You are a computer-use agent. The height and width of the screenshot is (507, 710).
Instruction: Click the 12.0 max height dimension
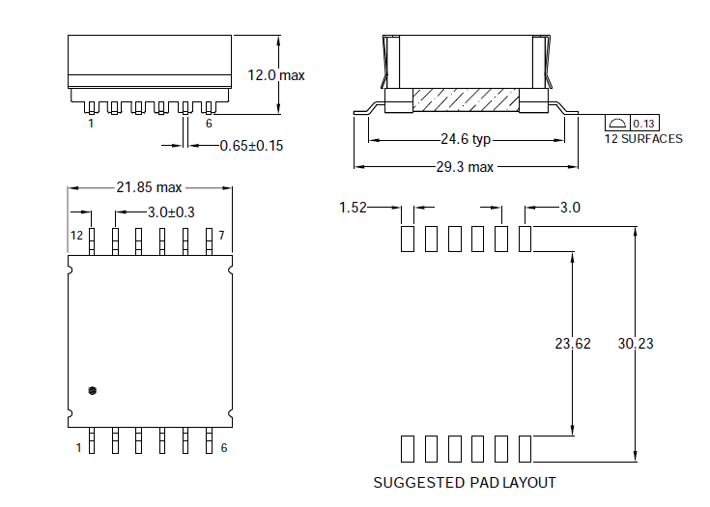coord(276,75)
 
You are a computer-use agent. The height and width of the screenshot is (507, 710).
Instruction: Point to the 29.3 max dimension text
coord(465,167)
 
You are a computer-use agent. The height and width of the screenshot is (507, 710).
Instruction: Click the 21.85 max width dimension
coord(149,187)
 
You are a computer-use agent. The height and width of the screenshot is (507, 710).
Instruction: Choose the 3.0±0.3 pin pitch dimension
coord(171,211)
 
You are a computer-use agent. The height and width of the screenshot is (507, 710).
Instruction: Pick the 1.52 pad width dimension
coord(353,208)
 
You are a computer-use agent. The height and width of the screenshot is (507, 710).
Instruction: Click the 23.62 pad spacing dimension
coord(573,343)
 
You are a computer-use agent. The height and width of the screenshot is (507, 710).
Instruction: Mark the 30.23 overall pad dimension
coord(636,343)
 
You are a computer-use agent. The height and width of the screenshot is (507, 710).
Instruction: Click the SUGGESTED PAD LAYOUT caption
coord(465,482)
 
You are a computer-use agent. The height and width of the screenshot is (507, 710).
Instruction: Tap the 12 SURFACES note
coord(643,139)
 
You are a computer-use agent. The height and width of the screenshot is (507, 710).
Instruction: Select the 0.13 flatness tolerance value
coord(644,123)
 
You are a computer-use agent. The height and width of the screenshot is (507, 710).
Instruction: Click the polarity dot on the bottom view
coord(92,390)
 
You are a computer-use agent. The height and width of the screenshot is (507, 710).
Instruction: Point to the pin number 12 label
coord(77,236)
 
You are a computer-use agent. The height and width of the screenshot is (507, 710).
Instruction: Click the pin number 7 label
coord(221,236)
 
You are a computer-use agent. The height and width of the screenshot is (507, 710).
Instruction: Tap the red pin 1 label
coord(91,124)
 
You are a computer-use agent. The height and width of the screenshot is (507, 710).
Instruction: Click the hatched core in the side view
coord(466,100)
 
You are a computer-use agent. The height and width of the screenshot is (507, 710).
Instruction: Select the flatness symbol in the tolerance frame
coord(616,123)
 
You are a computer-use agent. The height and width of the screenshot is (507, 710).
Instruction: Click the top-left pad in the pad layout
coord(407,238)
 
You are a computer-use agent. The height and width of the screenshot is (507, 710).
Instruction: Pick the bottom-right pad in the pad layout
coord(525,448)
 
